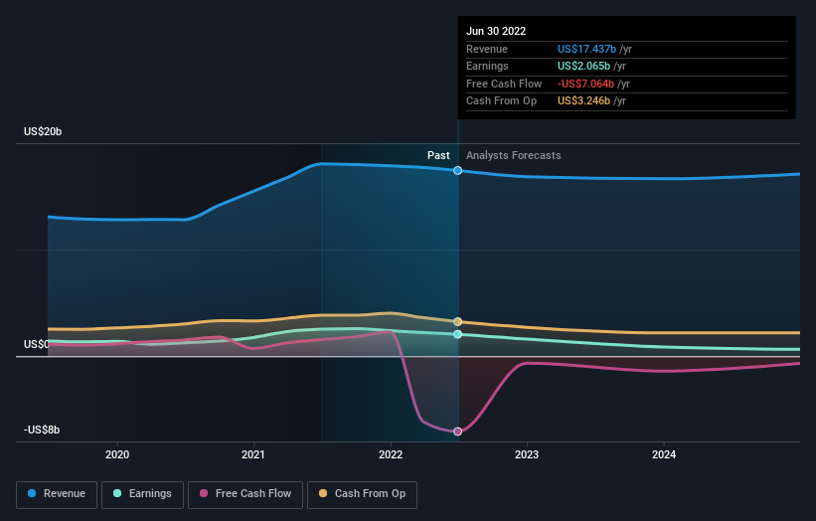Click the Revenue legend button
[58, 493]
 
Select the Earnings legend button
[143, 493]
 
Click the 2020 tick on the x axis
[117, 454]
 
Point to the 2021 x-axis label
[253, 454]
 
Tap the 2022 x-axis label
[391, 454]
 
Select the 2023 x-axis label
[527, 454]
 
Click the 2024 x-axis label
[664, 454]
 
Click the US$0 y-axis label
[37, 344]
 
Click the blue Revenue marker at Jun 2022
[458, 171]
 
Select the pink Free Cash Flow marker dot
[458, 432]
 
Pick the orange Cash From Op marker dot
[458, 321]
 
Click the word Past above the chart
[438, 155]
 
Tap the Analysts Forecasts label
[513, 155]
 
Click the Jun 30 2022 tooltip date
[496, 31]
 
